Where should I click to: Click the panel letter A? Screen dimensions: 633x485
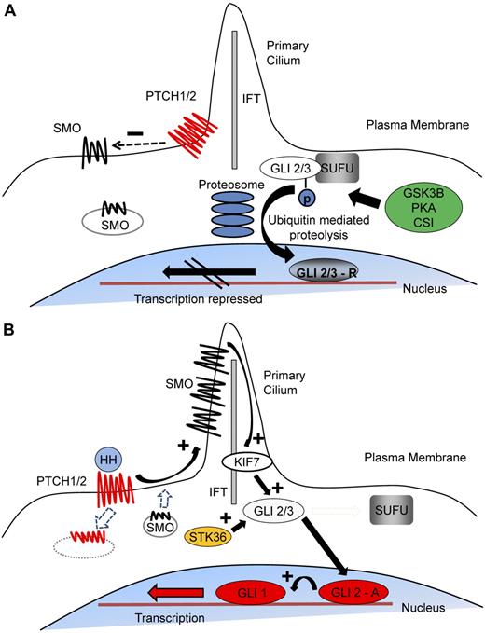point(10,11)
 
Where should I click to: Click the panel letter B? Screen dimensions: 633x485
point(10,332)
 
